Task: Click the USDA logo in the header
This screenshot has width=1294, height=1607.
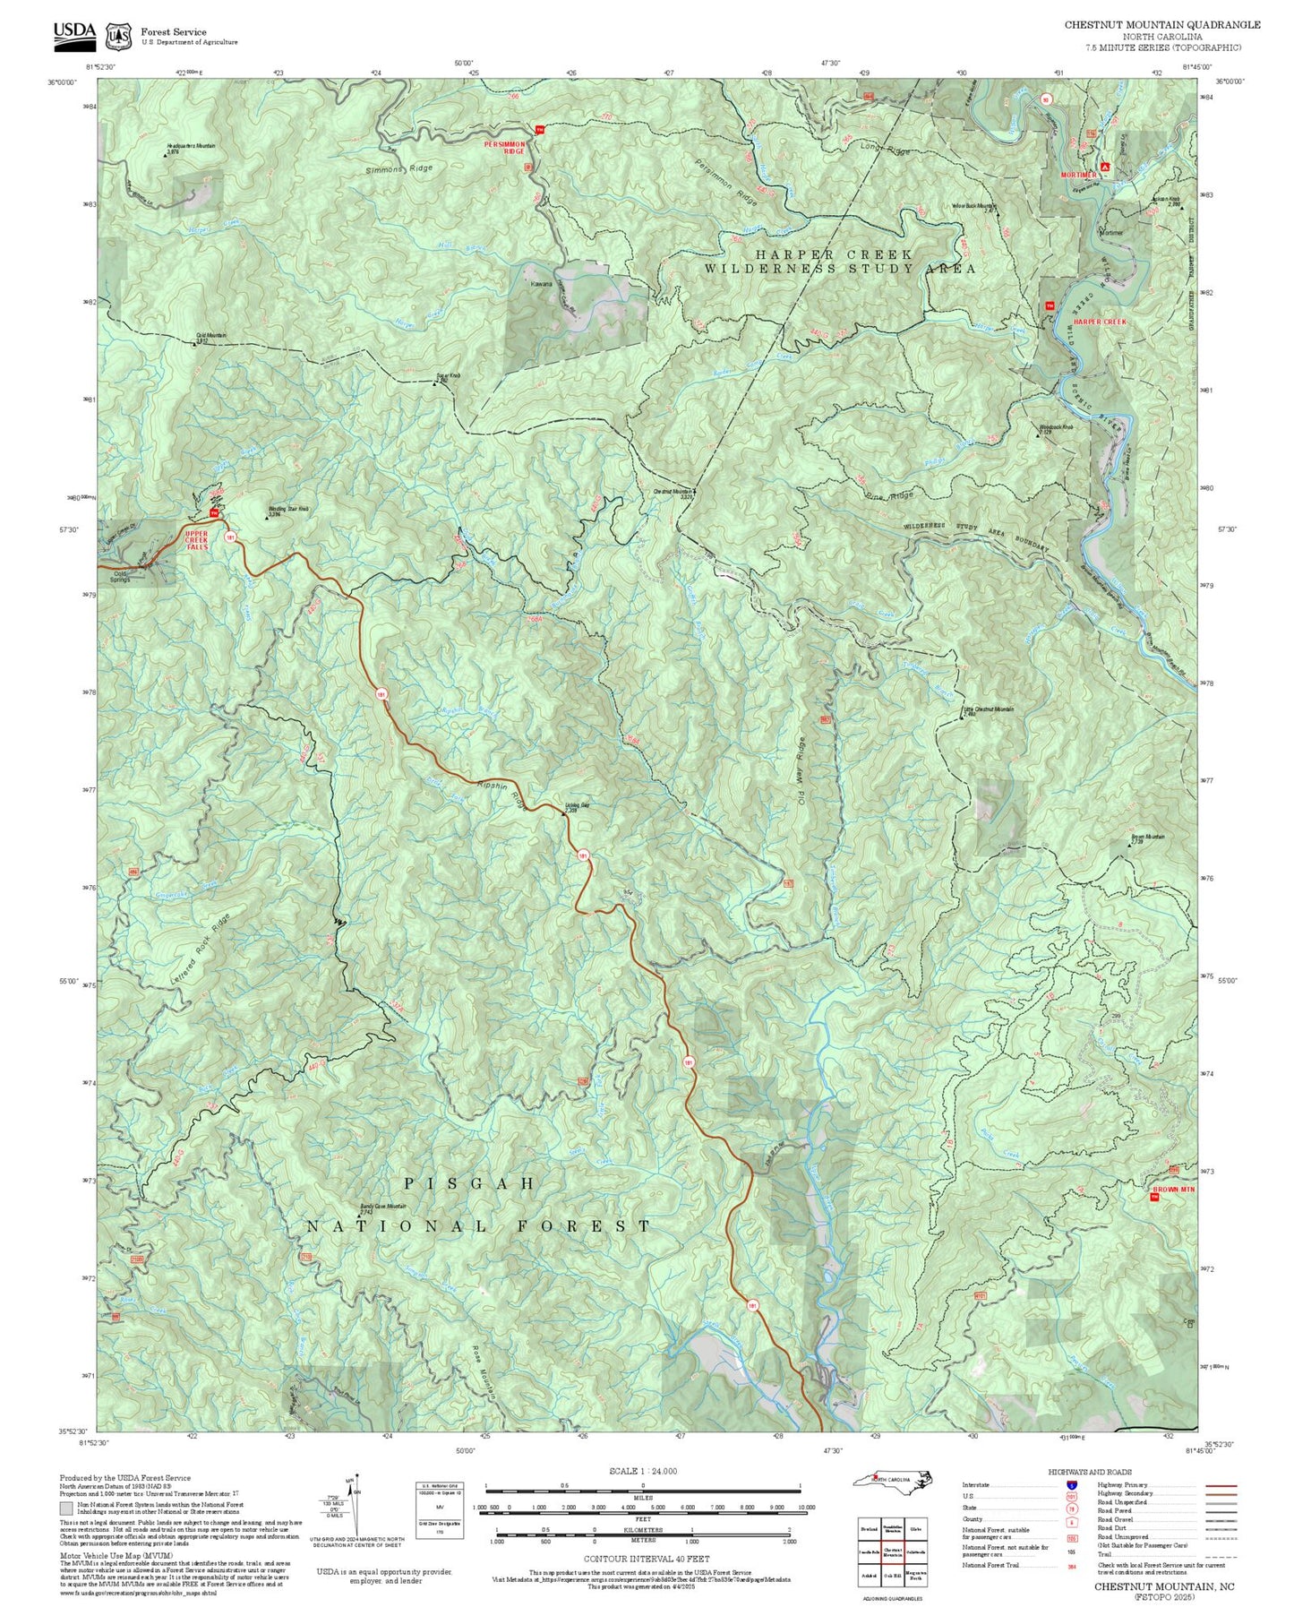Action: tap(73, 32)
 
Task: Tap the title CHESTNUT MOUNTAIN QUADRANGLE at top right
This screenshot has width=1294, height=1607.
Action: tap(1161, 25)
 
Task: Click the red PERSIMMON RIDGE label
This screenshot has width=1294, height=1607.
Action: tap(504, 147)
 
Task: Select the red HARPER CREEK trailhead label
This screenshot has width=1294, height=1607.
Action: tap(1099, 322)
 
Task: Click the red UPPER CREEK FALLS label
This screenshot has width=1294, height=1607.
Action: tap(196, 539)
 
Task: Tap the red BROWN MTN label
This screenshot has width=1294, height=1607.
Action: tap(1172, 1190)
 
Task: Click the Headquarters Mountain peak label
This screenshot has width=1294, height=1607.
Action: tap(191, 146)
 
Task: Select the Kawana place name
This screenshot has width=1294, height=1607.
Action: tap(541, 283)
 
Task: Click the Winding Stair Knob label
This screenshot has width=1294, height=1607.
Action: tap(288, 509)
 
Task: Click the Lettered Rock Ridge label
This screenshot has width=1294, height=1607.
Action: tap(200, 950)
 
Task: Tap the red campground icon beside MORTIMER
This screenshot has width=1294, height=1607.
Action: tap(1106, 167)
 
